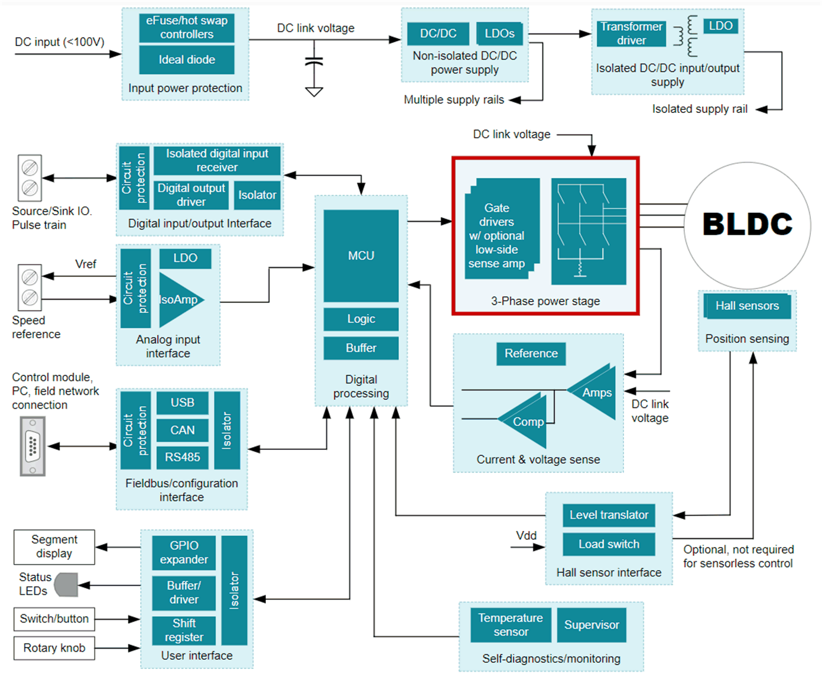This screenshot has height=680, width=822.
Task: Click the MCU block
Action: tap(361, 255)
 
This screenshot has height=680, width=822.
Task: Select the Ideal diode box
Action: tap(187, 60)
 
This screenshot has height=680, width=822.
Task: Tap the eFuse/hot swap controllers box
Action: tap(187, 28)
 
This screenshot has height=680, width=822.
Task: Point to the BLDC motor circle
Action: tap(748, 225)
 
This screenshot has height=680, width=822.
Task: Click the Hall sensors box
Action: tap(747, 306)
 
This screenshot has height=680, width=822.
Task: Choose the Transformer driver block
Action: tap(631, 34)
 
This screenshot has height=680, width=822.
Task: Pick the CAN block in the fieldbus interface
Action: tap(183, 430)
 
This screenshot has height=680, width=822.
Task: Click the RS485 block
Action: tap(183, 457)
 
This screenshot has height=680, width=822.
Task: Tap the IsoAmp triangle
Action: tap(178, 299)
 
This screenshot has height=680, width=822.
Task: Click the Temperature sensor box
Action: tap(511, 625)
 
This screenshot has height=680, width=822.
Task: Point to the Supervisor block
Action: tap(592, 625)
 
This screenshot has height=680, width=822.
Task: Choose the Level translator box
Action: tap(609, 515)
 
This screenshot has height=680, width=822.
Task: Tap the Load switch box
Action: tap(609, 544)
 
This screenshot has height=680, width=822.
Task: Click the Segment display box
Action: tap(54, 547)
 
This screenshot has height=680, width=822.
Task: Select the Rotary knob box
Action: tap(54, 648)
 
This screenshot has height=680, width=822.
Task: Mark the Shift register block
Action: tap(184, 630)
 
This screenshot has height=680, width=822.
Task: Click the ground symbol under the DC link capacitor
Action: tap(314, 92)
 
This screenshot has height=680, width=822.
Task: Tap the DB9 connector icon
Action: tap(33, 446)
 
